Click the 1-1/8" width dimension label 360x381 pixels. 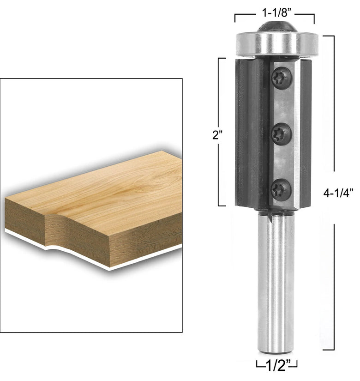coord(275,13)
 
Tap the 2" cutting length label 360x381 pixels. coord(218,135)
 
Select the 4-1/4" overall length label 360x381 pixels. coord(338,193)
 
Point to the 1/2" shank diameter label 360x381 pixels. coord(277,365)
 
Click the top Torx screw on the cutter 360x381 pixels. coord(282,78)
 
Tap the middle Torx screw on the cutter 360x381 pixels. coord(282,134)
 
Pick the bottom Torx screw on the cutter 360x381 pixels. coord(281,190)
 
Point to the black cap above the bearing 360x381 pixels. coord(277,26)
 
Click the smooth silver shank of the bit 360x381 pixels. coord(276,282)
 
